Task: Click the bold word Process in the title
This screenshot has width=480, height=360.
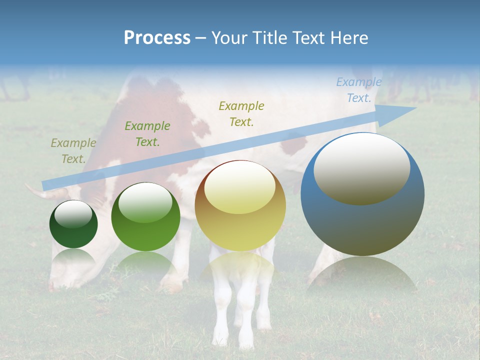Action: click(x=157, y=38)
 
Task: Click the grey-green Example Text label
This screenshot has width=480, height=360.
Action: click(x=73, y=151)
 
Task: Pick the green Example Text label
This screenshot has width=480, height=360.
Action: click(x=147, y=134)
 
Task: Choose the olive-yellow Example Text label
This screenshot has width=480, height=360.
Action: click(x=241, y=114)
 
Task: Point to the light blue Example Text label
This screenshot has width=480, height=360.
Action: click(x=358, y=90)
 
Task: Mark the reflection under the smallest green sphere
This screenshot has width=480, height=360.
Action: click(x=73, y=256)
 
